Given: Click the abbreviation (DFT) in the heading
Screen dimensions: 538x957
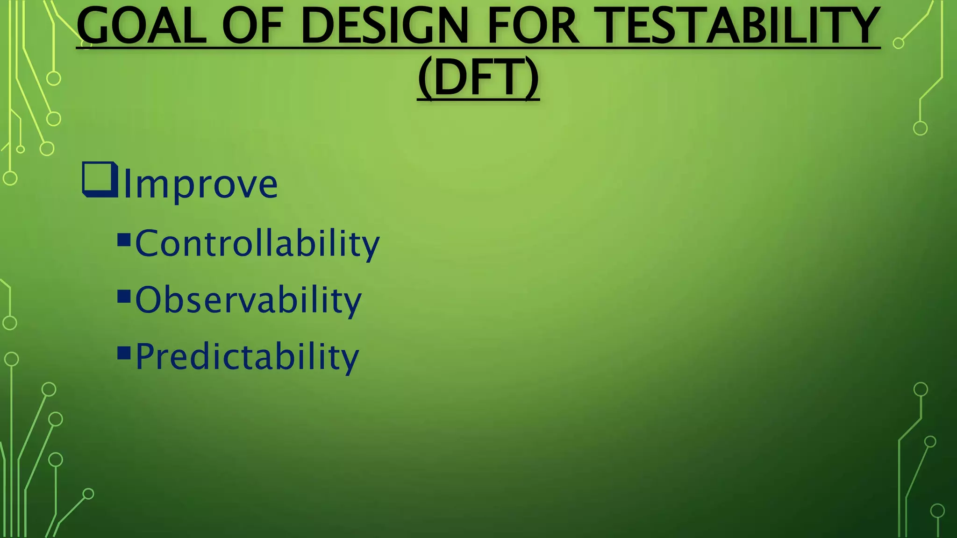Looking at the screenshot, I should click(478, 78).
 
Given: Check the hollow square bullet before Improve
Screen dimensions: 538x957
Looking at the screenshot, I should click(99, 179).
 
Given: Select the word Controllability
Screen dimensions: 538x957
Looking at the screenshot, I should click(257, 244).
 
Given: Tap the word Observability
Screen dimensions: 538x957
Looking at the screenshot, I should click(248, 300).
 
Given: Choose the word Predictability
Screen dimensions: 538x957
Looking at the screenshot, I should click(247, 357).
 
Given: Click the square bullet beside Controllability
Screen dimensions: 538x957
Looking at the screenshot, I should click(124, 240).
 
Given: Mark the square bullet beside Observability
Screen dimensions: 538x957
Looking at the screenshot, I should click(124, 297).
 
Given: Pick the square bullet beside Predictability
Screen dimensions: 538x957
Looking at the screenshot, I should click(124, 353).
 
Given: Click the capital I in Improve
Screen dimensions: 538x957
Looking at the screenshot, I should click(126, 184).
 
